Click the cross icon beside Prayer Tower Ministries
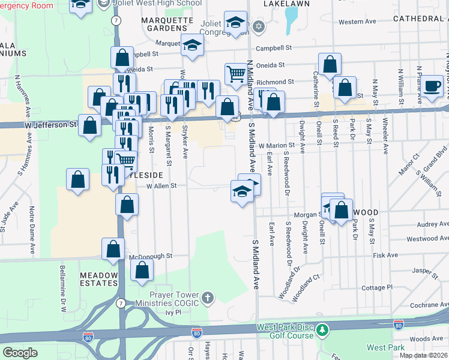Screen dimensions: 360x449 [207, 298]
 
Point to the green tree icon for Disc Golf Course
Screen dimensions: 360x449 [323, 331]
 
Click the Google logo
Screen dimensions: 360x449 [20, 353]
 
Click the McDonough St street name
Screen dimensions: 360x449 [151, 256]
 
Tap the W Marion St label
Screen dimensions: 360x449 [277, 145]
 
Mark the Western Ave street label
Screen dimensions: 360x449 [357, 22]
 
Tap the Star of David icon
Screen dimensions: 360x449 [259, 26]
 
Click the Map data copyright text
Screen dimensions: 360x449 [424, 355]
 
